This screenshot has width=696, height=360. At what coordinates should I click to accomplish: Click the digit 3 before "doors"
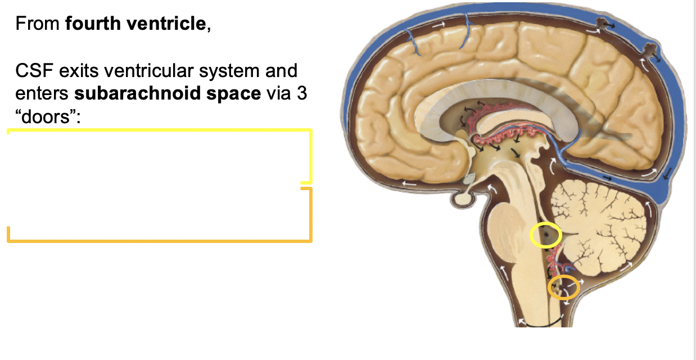pos(302,93)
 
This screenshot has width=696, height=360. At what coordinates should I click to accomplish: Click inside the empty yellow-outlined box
pos(157,156)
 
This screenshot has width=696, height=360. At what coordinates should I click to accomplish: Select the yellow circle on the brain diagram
pos(545,235)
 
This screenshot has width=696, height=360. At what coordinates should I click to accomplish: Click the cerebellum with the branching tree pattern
pos(602,219)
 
